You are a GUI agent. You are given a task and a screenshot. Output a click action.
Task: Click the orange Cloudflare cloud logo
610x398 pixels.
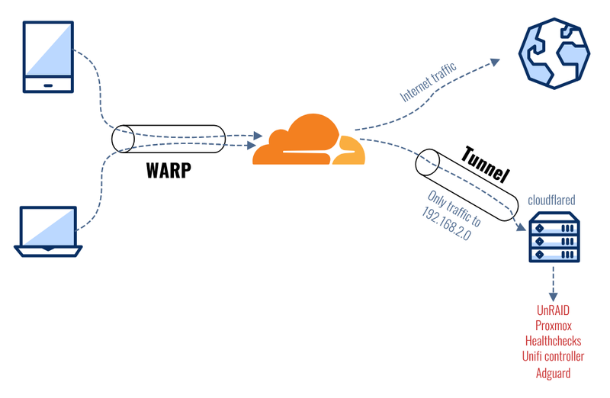(x=309, y=140)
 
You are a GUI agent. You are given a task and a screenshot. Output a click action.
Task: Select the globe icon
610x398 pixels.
(x=554, y=50)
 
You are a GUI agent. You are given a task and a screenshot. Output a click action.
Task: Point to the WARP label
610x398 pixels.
(x=168, y=171)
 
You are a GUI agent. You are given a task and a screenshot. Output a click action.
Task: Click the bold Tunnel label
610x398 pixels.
(x=485, y=162)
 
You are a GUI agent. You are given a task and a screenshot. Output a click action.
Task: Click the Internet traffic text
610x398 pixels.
(x=429, y=83)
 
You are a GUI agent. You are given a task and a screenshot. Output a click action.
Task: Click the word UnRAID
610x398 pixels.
(x=554, y=311)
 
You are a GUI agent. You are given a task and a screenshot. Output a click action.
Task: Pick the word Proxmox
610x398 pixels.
(x=554, y=326)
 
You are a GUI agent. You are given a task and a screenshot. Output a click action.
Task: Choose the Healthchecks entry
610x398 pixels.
(x=554, y=342)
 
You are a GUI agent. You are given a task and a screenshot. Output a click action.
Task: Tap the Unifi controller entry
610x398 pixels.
(x=554, y=357)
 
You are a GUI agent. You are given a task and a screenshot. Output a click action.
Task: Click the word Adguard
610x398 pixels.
(x=554, y=373)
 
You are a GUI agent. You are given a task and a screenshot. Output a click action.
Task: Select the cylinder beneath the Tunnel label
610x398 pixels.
(x=464, y=187)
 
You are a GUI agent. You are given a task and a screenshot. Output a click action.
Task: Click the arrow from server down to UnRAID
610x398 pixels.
(x=553, y=287)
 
